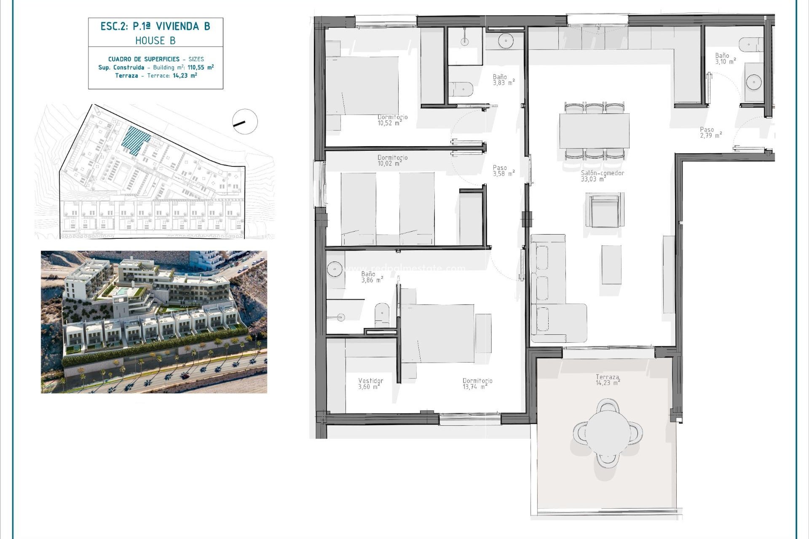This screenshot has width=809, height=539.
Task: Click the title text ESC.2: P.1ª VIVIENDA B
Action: (x=155, y=27)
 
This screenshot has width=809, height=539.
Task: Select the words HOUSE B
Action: (x=155, y=41)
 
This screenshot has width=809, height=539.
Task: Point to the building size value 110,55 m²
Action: (x=201, y=67)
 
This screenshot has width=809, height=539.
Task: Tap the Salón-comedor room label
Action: (x=602, y=176)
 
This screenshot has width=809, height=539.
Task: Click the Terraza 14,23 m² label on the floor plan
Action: (x=608, y=380)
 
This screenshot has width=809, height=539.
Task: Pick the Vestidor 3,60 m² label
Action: (x=370, y=384)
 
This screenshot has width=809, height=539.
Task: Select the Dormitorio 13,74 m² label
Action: (x=477, y=384)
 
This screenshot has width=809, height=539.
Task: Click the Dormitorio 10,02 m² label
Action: (x=392, y=160)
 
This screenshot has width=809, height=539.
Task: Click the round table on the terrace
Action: (x=607, y=432)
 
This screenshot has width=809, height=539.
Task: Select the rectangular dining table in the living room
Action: (x=594, y=131)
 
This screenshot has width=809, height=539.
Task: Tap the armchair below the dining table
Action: (x=604, y=210)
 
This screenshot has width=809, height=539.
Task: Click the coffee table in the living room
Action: (x=611, y=264)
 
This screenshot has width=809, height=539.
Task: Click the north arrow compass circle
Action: (x=245, y=122)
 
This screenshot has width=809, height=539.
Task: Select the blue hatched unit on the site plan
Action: (x=135, y=140)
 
